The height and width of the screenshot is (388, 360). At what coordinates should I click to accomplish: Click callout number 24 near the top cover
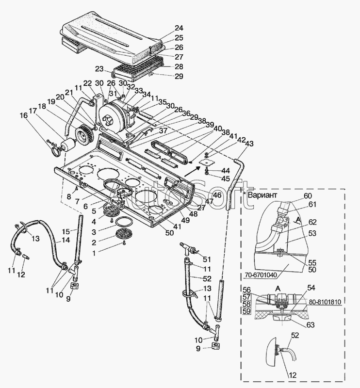click(x=165, y=28)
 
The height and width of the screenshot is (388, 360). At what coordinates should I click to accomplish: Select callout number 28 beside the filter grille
click(x=165, y=66)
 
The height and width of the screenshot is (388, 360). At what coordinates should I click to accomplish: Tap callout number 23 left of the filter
click(x=99, y=69)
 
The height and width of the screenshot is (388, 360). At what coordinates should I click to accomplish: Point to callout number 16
click(x=24, y=115)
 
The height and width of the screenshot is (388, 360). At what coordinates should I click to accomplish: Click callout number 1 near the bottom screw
click(x=102, y=252)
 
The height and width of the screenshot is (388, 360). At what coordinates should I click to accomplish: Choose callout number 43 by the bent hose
click(x=249, y=144)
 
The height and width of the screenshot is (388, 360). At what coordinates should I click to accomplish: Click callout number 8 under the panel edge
click(x=69, y=196)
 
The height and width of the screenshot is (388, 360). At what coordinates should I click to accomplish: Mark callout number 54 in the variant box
click(x=311, y=288)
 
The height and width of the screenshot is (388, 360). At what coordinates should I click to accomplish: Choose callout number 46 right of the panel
click(x=217, y=195)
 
